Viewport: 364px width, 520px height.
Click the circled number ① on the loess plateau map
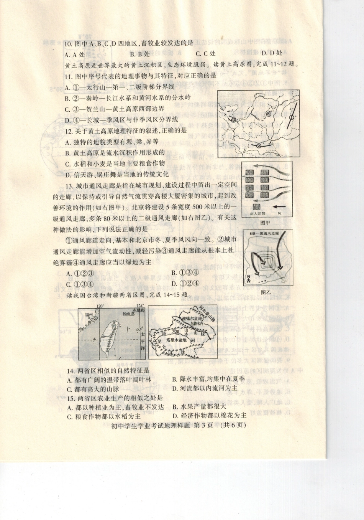292,117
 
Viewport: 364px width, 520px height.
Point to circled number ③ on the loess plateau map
233,120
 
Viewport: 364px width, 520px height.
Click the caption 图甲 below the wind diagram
265,222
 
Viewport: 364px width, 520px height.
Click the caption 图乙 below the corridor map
266,292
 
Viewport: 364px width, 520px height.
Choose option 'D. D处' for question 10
272,53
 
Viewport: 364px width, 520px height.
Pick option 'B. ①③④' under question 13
185,273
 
